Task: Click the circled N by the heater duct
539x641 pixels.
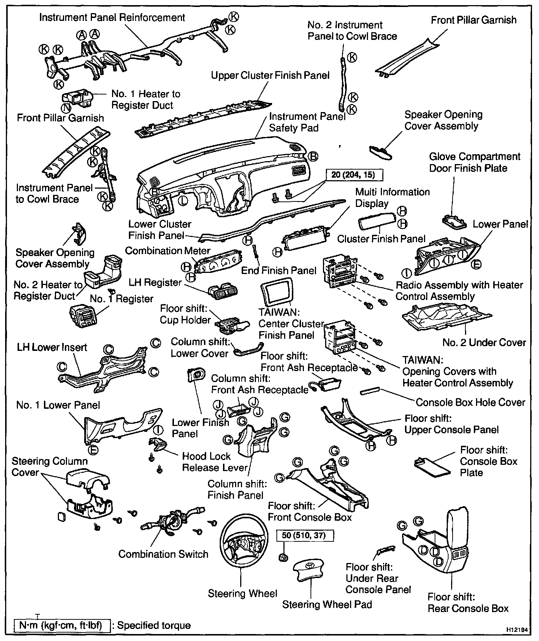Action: tap(66, 108)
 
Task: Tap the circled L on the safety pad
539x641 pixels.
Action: tap(182, 200)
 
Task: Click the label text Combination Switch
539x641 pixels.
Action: tap(163, 554)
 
